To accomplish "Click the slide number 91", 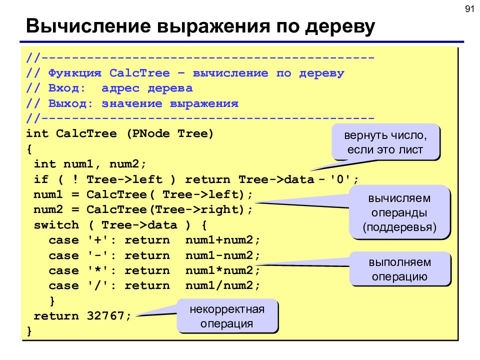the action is [469, 9].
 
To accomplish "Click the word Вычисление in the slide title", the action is [88, 25].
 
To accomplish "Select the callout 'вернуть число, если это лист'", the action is [385, 142].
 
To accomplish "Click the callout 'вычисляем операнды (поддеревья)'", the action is [399, 212].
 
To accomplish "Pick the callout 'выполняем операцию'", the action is [400, 269].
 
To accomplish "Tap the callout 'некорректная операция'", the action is [227, 316].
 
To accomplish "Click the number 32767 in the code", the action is [105, 315].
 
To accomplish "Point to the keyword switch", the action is [56, 225].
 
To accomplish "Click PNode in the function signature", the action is [150, 133].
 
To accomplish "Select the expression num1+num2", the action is [219, 240].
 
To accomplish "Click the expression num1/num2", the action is [219, 285].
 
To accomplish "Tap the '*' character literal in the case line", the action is [98, 270].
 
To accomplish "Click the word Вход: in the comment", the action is [67, 88].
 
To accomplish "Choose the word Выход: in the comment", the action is [70, 103].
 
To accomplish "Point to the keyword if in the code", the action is [41, 179].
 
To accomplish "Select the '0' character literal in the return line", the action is [340, 179].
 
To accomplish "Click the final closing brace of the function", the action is [29, 331].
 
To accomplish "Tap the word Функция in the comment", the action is [74, 73].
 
